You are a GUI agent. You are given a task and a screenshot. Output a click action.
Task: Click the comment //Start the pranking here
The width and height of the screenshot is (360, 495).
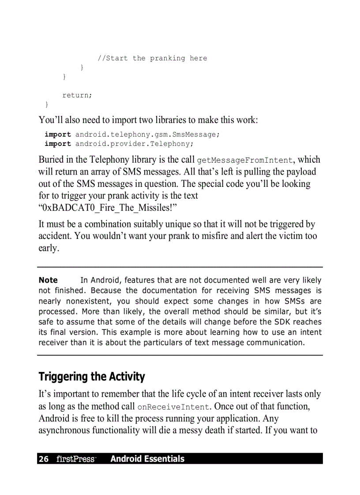click(x=152, y=58)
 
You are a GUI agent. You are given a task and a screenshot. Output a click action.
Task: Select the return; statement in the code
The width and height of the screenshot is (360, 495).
click(x=77, y=95)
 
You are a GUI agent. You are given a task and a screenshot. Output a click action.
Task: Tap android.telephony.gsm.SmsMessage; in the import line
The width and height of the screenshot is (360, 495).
click(x=147, y=134)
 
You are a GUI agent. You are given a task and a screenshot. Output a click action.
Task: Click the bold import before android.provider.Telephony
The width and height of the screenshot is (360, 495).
click(x=57, y=144)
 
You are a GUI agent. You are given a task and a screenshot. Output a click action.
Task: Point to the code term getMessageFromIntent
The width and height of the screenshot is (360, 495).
click(x=245, y=160)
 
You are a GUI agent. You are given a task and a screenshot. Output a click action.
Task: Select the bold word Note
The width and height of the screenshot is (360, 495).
click(x=48, y=280)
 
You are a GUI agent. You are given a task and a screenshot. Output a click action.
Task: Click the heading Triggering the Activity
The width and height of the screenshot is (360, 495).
click(x=92, y=377)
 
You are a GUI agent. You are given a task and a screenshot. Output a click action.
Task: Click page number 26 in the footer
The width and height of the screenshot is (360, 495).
click(x=44, y=459)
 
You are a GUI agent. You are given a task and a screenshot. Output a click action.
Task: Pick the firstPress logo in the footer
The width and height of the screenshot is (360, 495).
click(x=76, y=459)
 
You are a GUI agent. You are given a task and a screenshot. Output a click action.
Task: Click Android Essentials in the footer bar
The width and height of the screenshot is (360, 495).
click(x=147, y=459)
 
